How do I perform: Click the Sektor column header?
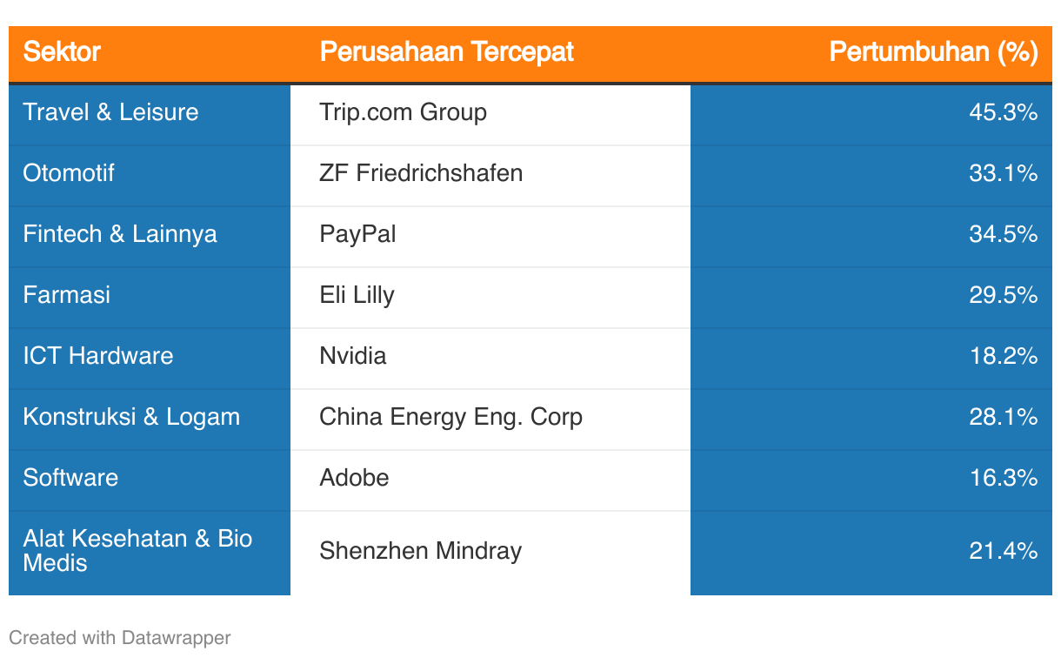(62, 51)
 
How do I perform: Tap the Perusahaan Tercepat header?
(447, 51)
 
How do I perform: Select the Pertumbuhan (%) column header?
(933, 51)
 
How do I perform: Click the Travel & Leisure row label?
(110, 112)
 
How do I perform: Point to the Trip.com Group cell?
(403, 113)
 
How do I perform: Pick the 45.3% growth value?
(1004, 112)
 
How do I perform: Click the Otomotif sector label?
(69, 173)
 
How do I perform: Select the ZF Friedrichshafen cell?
(421, 173)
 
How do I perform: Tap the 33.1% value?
(1004, 173)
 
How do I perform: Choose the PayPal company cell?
(357, 234)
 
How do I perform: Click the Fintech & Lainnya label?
(120, 234)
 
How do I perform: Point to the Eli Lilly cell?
(357, 295)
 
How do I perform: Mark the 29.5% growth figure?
(1004, 295)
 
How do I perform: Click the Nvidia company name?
(353, 356)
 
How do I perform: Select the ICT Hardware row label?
(98, 356)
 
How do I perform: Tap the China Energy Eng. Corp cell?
(450, 417)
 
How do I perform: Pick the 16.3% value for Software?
(1004, 478)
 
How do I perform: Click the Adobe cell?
(354, 478)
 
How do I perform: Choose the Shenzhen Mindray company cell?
(421, 551)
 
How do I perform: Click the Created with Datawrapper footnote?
(119, 638)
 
